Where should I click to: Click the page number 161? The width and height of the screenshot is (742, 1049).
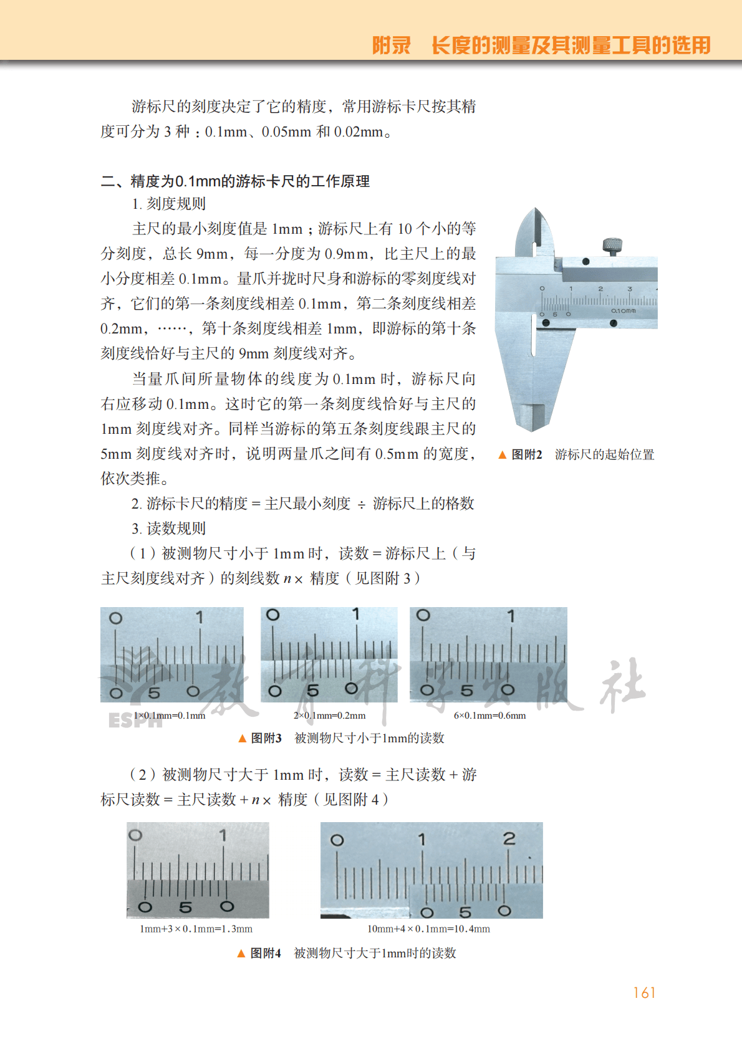click(644, 992)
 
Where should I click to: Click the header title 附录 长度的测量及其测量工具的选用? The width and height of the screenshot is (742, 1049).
click(541, 45)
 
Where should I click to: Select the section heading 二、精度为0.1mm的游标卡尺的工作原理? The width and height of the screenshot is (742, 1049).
click(235, 181)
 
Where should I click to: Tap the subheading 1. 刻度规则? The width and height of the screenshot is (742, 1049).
click(168, 204)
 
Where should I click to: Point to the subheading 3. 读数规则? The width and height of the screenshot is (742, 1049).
click(168, 529)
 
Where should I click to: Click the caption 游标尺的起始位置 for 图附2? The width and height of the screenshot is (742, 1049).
click(604, 454)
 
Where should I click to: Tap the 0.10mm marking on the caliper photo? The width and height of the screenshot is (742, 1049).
click(624, 310)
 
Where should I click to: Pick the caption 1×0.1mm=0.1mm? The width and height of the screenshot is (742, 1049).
click(169, 716)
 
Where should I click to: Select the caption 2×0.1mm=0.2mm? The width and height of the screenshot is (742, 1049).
click(329, 716)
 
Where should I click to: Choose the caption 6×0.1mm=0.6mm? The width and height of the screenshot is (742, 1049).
click(489, 716)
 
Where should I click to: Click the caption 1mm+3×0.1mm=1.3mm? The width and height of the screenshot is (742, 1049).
click(196, 929)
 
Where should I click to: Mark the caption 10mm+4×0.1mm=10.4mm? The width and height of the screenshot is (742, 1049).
click(428, 929)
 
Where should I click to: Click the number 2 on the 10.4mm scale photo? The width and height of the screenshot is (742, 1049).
click(509, 839)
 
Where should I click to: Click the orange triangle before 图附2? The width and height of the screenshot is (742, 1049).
click(502, 455)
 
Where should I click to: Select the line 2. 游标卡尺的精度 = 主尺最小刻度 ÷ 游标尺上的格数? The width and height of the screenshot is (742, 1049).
click(303, 504)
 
